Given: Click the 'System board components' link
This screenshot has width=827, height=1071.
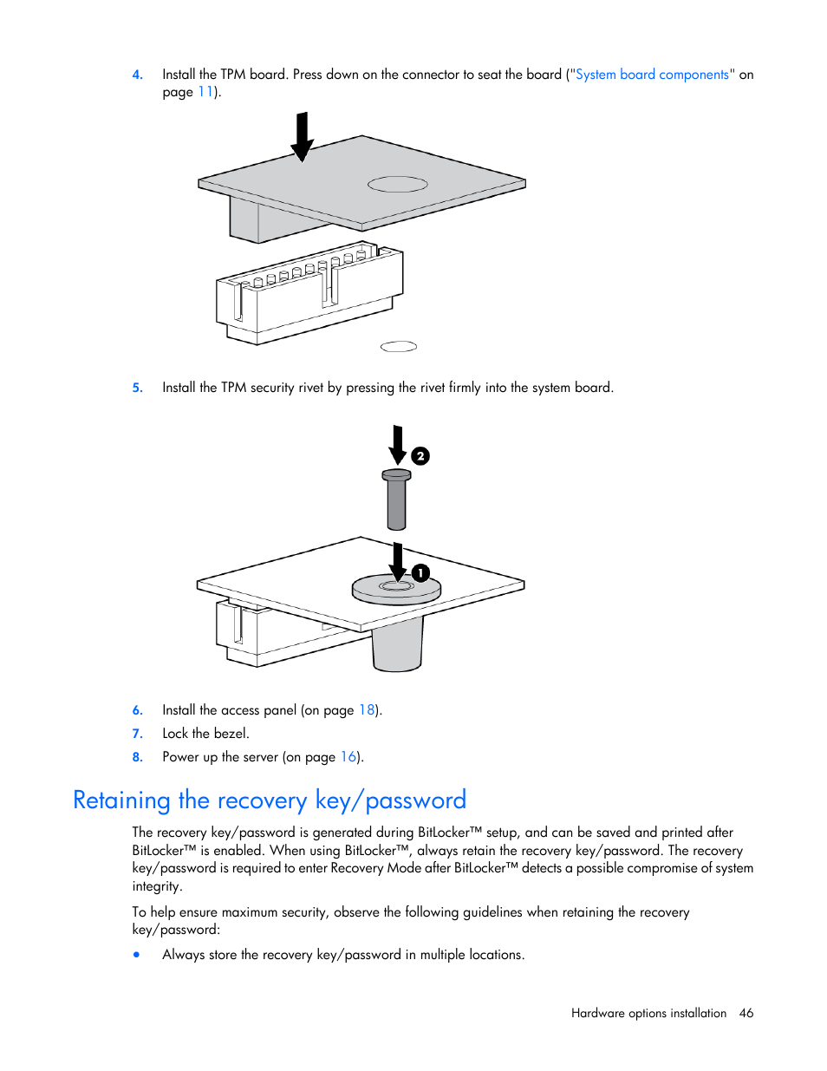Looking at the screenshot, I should coord(652,75).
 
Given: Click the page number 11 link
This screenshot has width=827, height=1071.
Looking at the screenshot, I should coord(205,92).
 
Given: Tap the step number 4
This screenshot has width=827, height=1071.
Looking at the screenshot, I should coord(137,75).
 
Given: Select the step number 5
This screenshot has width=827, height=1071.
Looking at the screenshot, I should coord(137,388).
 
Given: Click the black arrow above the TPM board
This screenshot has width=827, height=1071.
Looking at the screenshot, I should coord(302,137).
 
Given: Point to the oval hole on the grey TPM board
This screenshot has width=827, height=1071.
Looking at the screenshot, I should coord(398,184).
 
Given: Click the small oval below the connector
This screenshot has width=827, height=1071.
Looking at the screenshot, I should coord(399,346).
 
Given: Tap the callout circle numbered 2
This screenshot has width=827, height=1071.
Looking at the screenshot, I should coord(420,456).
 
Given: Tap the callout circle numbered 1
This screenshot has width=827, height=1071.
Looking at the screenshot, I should coord(420,573).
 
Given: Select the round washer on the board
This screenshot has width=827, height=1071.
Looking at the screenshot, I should coord(396,590).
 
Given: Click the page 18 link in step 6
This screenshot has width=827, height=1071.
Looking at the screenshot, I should coord(368,710).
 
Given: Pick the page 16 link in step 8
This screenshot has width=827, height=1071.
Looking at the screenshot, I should coord(348,757).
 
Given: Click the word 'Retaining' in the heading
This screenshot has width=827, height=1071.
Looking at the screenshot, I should coord(121,800).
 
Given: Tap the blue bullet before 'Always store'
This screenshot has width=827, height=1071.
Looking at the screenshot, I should coord(137,955).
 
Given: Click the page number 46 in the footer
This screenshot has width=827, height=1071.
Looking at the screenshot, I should coord(746,1013).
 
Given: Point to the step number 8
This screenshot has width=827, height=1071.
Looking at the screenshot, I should coord(137,757).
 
